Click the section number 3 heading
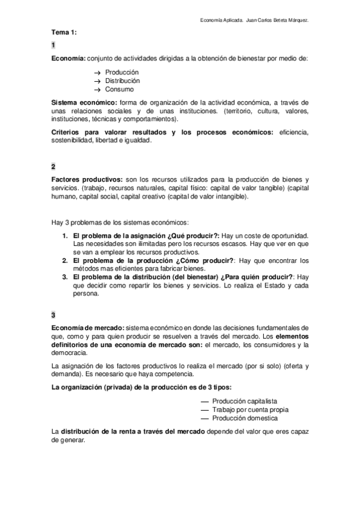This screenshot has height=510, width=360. pyautogui.click(x=53, y=315)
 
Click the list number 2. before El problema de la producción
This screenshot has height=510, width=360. pyautogui.click(x=66, y=260)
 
